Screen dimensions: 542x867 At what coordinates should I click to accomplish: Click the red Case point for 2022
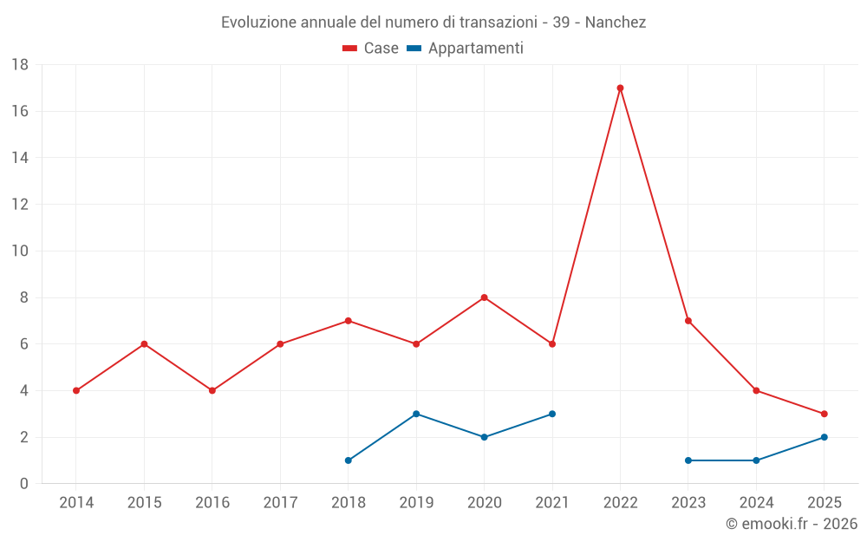tap(620, 88)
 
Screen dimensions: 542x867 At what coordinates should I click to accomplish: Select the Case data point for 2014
tap(76, 390)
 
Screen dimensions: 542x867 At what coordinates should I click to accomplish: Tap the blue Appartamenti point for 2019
tap(416, 414)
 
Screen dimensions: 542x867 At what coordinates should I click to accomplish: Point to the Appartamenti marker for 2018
tap(349, 460)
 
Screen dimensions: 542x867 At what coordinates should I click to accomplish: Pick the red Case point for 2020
tap(485, 297)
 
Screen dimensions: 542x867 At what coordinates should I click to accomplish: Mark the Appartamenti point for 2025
tap(825, 437)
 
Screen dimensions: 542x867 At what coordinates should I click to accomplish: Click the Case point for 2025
tap(825, 414)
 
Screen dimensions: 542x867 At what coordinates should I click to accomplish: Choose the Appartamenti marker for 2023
tap(688, 460)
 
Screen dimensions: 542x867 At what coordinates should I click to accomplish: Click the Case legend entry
tap(370, 49)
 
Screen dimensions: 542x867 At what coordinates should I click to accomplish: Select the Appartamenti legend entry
tap(466, 49)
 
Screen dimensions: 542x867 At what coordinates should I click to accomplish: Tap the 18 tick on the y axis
tap(20, 65)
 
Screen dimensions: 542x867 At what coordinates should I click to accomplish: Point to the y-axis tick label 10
tap(20, 251)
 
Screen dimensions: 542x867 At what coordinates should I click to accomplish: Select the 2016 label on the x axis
tap(212, 503)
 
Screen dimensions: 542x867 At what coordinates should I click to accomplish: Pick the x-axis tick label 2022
tap(620, 503)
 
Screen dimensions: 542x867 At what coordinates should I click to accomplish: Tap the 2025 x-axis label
tap(825, 503)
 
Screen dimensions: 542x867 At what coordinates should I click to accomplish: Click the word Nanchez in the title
tap(616, 23)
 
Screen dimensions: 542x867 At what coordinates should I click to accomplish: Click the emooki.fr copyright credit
tap(792, 524)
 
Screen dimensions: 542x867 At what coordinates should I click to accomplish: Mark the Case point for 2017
tap(280, 344)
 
